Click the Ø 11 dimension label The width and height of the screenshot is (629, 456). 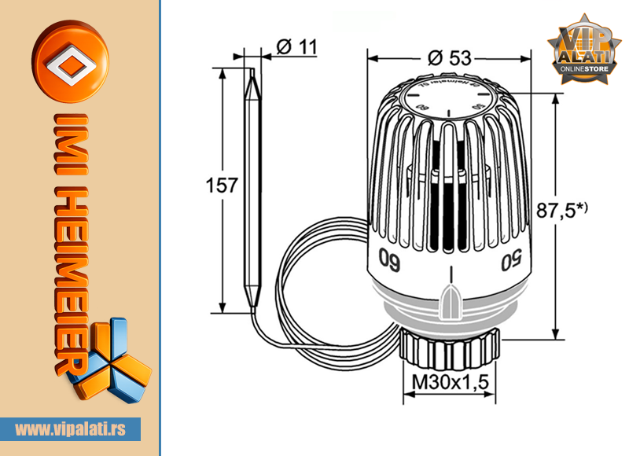297,46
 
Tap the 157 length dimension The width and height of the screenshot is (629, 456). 221,186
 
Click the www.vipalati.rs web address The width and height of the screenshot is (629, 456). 77,429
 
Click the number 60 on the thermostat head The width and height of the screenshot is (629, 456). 391,258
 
